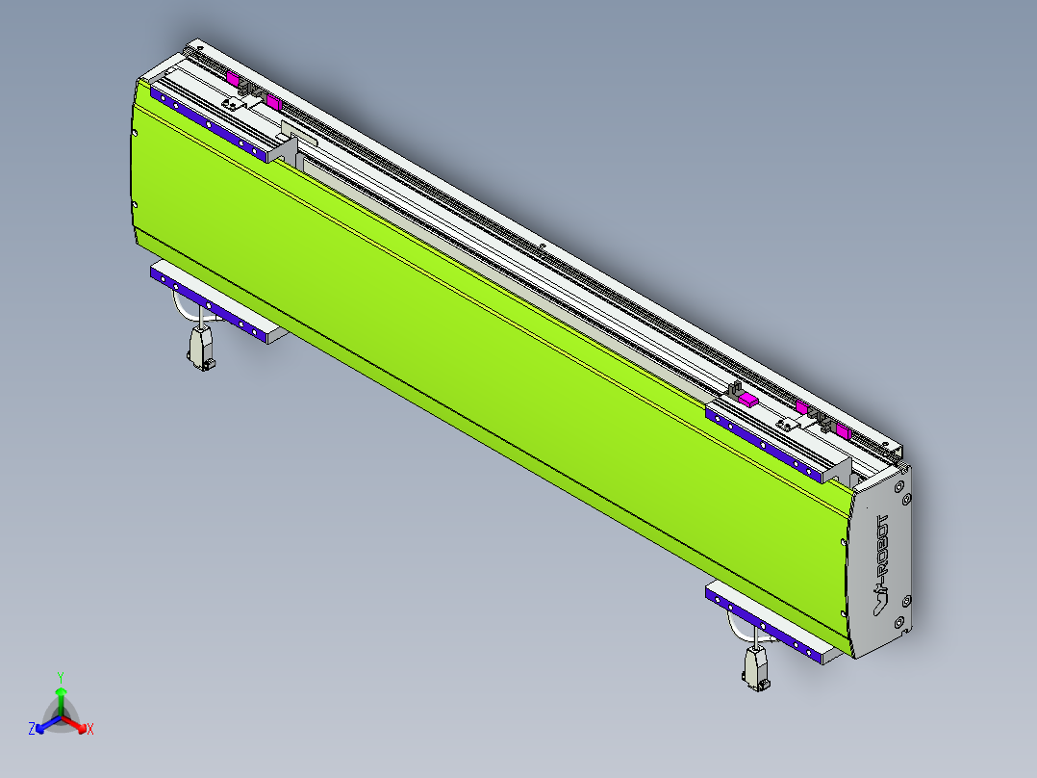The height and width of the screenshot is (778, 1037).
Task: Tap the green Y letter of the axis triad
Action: coord(60,676)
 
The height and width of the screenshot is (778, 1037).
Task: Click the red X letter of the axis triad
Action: coord(90,730)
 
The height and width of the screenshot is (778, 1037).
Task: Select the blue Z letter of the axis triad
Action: coord(32,730)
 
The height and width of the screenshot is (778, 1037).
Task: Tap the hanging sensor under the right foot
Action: coord(756,666)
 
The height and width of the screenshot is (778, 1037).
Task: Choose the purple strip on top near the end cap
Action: coord(765,445)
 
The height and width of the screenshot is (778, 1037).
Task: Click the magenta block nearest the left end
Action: coord(232,77)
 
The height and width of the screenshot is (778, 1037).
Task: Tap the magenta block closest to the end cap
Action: coord(843,430)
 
